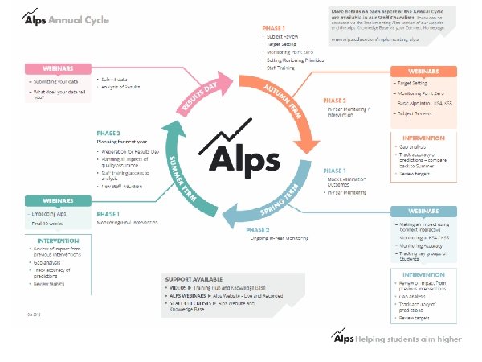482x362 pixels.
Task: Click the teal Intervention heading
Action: pyautogui.click(x=58, y=241)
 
